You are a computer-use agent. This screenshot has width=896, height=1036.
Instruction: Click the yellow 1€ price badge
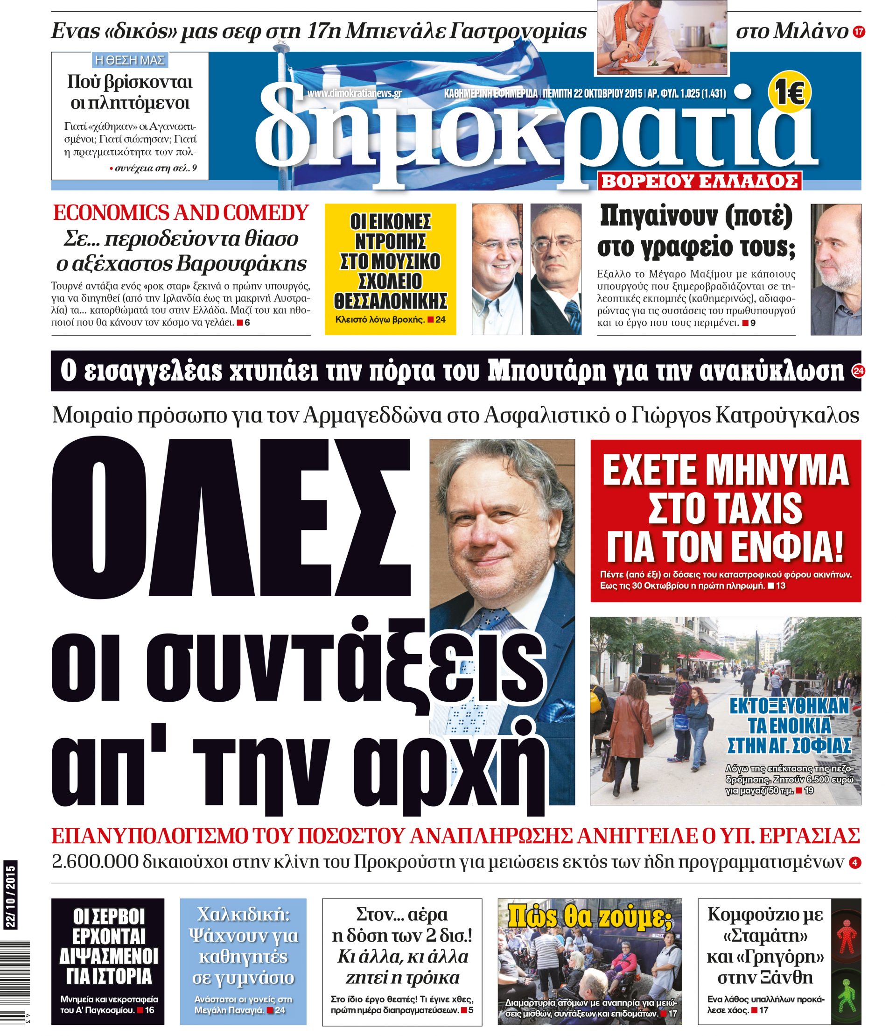pos(790,92)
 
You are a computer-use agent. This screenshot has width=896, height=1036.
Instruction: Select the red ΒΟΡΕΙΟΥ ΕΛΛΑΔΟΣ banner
pos(700,181)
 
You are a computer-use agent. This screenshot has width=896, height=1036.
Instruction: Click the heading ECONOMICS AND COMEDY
pos(181,213)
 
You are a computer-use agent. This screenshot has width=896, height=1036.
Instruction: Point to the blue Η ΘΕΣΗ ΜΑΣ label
pos(130,61)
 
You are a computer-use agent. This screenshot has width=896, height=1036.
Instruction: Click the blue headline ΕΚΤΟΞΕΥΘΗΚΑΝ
pos(789,706)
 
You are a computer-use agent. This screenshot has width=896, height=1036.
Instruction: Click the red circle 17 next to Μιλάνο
pos(859,32)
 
